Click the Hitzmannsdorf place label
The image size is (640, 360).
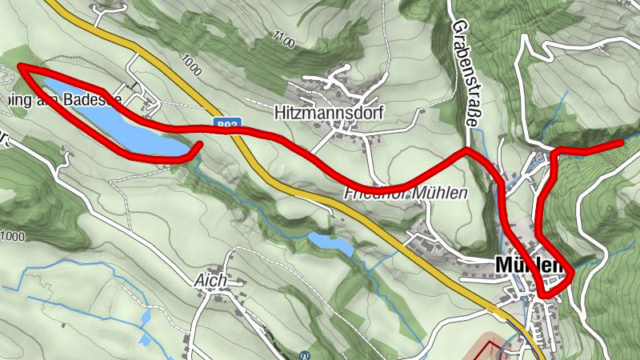(330, 113)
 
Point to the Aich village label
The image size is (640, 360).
(210, 282)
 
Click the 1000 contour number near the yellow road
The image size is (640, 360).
(192, 65)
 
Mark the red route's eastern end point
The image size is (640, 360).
(621, 142)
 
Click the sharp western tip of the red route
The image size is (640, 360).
(20, 67)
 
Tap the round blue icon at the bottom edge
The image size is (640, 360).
(303, 355)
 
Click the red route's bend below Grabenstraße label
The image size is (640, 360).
(466, 149)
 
